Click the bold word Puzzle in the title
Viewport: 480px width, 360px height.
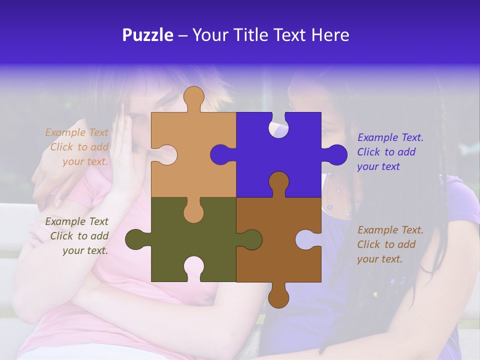pos(148,35)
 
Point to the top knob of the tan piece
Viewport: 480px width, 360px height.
pos(193,98)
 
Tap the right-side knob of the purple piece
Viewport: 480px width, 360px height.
pos(335,154)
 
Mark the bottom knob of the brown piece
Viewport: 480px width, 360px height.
pos(278,296)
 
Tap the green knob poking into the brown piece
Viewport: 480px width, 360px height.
pos(250,239)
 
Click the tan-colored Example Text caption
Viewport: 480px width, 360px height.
pos(77,147)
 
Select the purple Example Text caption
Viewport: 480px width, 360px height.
pos(390,152)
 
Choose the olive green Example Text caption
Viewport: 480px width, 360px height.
pos(77,236)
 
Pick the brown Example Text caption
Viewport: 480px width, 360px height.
pos(390,244)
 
